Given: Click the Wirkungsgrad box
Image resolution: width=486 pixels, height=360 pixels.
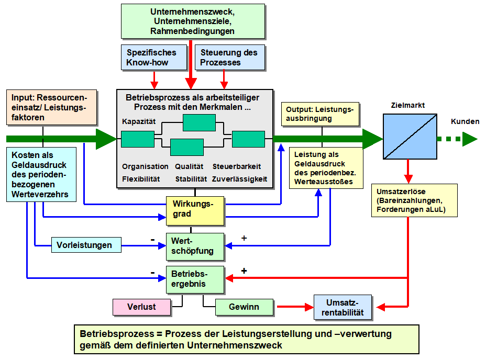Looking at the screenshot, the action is coord(195,211).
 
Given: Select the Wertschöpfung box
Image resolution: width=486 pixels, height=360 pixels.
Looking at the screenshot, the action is coord(195,246).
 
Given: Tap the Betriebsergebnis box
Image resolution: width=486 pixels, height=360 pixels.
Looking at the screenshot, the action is coord(195,279).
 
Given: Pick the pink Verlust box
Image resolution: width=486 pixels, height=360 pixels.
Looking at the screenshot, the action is coord(141,307).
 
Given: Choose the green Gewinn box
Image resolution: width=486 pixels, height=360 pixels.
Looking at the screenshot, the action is coord(244,307).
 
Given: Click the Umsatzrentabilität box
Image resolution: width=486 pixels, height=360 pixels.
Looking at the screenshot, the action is coord(343,307).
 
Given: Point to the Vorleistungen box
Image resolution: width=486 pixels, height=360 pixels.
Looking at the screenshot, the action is coord(86,245).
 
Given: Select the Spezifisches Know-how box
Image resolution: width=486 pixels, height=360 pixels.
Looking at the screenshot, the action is coord(154,58).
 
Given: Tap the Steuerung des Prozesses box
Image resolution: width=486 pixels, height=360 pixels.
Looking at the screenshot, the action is coord(230,58).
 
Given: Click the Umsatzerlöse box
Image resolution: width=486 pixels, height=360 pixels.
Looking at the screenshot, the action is coord(414,200).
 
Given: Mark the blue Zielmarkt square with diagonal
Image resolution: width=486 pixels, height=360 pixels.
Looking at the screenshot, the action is coord(410,137).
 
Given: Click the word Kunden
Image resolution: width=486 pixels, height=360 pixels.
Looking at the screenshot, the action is coord(465,121).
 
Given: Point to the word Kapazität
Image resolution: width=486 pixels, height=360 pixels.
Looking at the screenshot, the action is coord(139,121).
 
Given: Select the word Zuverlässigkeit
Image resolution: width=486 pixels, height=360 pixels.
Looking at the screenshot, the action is coord(239,179).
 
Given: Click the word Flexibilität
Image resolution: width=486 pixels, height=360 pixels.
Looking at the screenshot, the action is coord(141,179).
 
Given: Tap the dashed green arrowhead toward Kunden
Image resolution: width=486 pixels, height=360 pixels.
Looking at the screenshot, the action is coord(470,139).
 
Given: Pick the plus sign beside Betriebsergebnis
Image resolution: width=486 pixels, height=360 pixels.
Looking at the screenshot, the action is coord(244,271).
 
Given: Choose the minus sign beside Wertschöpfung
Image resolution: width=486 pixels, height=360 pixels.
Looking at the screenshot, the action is coord(152,240).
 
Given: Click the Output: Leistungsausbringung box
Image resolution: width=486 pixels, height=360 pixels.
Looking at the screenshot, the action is coord(320,114).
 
